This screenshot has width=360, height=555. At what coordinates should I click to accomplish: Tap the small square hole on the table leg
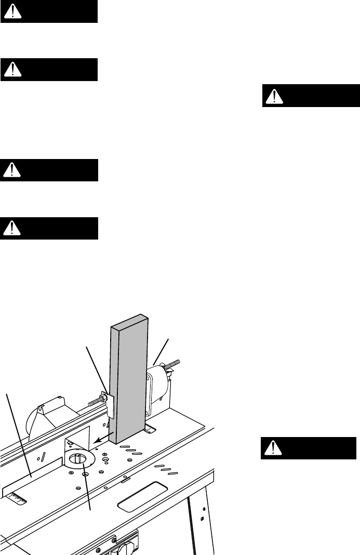pos(202,518)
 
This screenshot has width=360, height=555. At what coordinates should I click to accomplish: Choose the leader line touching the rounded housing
pos(161,351)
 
